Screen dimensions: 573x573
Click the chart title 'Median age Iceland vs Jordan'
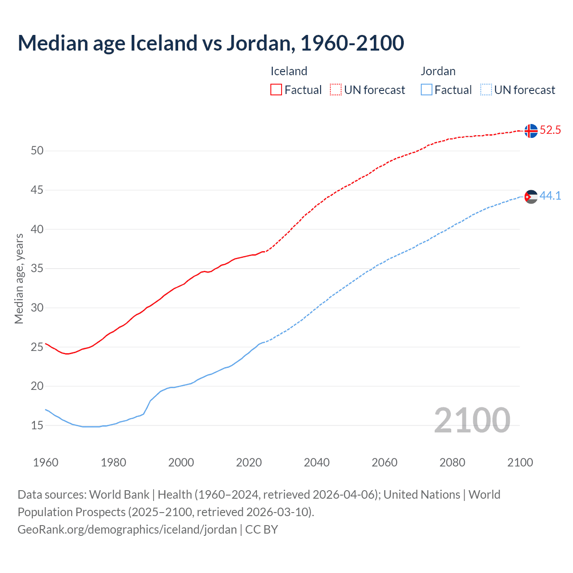210,43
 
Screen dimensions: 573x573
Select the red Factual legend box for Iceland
276,90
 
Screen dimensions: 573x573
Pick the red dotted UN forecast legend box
336,90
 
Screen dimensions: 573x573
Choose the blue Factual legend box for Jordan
427,90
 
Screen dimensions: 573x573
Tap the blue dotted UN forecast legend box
486,90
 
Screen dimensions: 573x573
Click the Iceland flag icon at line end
531,131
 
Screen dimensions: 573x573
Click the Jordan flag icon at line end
531,197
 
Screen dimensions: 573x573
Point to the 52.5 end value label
550,130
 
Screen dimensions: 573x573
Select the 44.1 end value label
550,196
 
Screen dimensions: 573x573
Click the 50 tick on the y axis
37,151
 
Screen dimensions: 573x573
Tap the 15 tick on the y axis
37,426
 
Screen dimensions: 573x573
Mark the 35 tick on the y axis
37,269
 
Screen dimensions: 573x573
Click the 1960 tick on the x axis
46,462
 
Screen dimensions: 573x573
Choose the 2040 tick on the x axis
316,462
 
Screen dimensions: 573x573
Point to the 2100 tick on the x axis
520,462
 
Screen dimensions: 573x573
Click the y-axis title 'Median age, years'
19,278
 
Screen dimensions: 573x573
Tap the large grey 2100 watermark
472,420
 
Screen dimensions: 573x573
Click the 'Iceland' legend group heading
289,71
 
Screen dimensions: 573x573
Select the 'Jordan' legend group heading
438,71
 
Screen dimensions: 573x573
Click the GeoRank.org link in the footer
127,530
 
